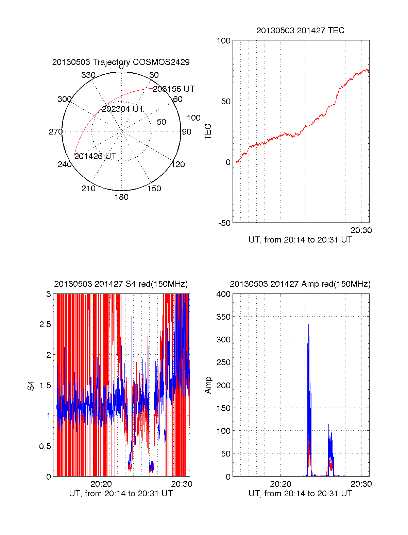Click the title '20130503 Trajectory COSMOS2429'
(121, 62)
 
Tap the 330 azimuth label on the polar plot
(88, 75)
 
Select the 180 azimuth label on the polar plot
(121, 197)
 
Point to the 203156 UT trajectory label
(174, 89)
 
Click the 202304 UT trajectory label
(123, 109)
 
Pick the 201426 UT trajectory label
(95, 156)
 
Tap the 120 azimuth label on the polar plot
(178, 165)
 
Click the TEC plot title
(300, 31)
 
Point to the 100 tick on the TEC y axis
(223, 41)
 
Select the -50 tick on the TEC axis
(224, 223)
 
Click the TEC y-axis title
(208, 132)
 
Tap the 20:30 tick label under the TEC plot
(361, 230)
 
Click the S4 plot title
(121, 284)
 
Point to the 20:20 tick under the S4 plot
(101, 484)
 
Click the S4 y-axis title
(31, 386)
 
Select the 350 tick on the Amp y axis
(223, 317)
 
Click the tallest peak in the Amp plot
(308, 325)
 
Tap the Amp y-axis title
(208, 385)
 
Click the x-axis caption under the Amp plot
(300, 494)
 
